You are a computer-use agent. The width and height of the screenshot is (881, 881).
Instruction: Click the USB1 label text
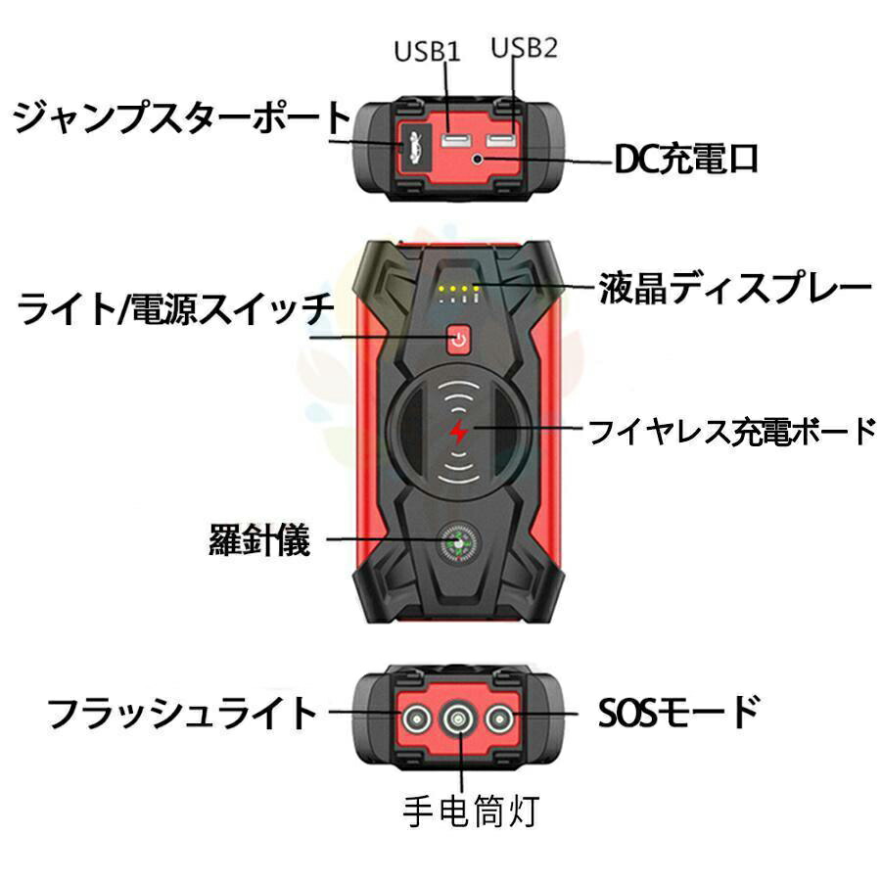(427, 50)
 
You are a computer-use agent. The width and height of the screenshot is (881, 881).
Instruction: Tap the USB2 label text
(524, 47)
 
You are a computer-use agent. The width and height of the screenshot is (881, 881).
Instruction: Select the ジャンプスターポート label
(181, 119)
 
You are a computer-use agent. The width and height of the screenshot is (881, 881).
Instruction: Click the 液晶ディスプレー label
(734, 288)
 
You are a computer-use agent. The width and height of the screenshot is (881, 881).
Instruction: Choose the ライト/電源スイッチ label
(176, 310)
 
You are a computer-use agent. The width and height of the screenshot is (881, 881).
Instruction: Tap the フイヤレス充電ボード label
(730, 430)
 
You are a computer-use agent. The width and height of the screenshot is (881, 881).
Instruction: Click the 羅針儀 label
(260, 539)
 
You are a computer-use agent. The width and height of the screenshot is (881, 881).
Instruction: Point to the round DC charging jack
(477, 159)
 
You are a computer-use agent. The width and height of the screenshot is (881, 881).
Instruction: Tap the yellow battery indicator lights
(458, 290)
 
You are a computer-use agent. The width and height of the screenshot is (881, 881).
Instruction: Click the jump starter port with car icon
(410, 149)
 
